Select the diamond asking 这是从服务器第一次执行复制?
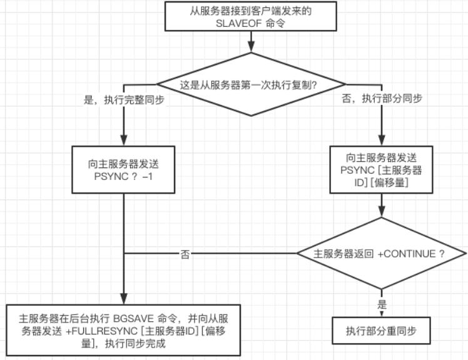[250, 84]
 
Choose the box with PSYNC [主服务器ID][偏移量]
[380, 169]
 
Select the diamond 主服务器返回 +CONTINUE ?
[380, 254]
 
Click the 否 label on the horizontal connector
[185, 254]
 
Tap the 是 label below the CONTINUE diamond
[382, 306]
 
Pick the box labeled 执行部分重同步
[380, 331]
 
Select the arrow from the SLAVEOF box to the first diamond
[251, 41]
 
